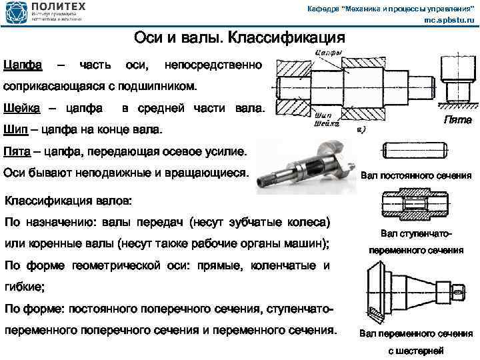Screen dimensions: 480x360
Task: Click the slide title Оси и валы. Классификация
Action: click(239, 37)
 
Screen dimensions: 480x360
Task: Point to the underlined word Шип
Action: click(15, 129)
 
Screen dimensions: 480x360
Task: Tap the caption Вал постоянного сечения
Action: click(416, 177)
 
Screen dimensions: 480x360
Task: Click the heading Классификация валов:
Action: click(68, 201)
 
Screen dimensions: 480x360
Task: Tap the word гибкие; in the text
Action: click(25, 287)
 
